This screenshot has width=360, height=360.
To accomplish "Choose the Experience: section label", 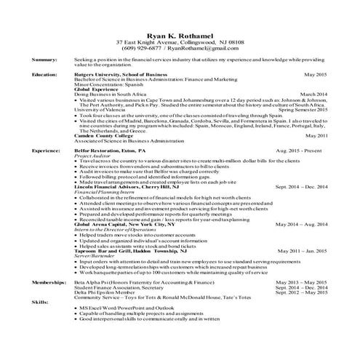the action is pos(46,150).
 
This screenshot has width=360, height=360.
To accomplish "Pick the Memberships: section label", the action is pos(48,281).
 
